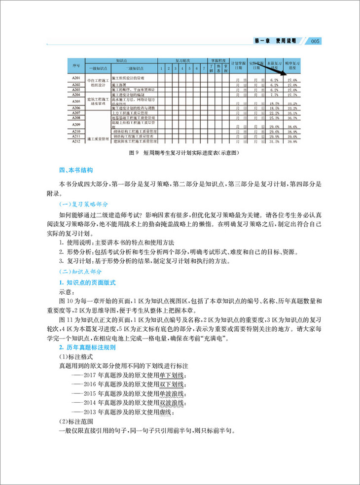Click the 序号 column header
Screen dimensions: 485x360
pos(75,65)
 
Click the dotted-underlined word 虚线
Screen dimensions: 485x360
pos(165,412)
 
